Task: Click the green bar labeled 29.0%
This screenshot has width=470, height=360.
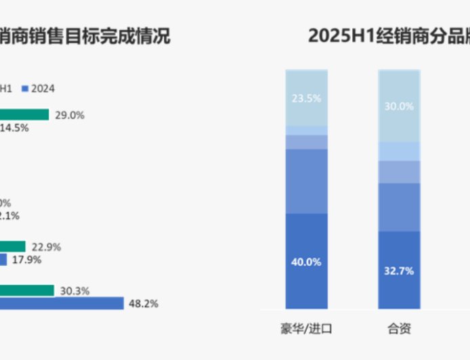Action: [x=24, y=115]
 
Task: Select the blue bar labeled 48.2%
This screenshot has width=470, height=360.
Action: [x=62, y=303]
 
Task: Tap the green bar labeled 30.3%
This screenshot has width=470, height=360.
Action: [x=27, y=290]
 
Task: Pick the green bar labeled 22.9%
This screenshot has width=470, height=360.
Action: [x=13, y=246]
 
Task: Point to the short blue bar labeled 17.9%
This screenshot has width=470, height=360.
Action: [x=3, y=259]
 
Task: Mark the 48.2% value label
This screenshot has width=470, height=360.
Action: [x=143, y=304]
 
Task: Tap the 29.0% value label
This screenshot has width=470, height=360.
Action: [x=69, y=115]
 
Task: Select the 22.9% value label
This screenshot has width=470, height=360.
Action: [x=46, y=247]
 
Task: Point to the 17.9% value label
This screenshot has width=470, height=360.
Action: [x=26, y=260]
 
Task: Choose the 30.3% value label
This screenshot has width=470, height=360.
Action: [x=74, y=291]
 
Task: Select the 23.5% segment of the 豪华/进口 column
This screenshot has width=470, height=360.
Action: [x=306, y=97]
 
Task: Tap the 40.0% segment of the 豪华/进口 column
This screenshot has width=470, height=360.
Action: [x=306, y=262]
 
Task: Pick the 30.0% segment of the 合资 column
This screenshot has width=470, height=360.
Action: [x=399, y=106]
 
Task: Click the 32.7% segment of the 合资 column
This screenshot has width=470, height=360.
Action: [x=399, y=271]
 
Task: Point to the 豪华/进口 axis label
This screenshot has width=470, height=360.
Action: [x=306, y=330]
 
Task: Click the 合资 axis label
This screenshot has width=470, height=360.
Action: [x=399, y=330]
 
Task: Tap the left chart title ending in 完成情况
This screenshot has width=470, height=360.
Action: [x=85, y=35]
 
